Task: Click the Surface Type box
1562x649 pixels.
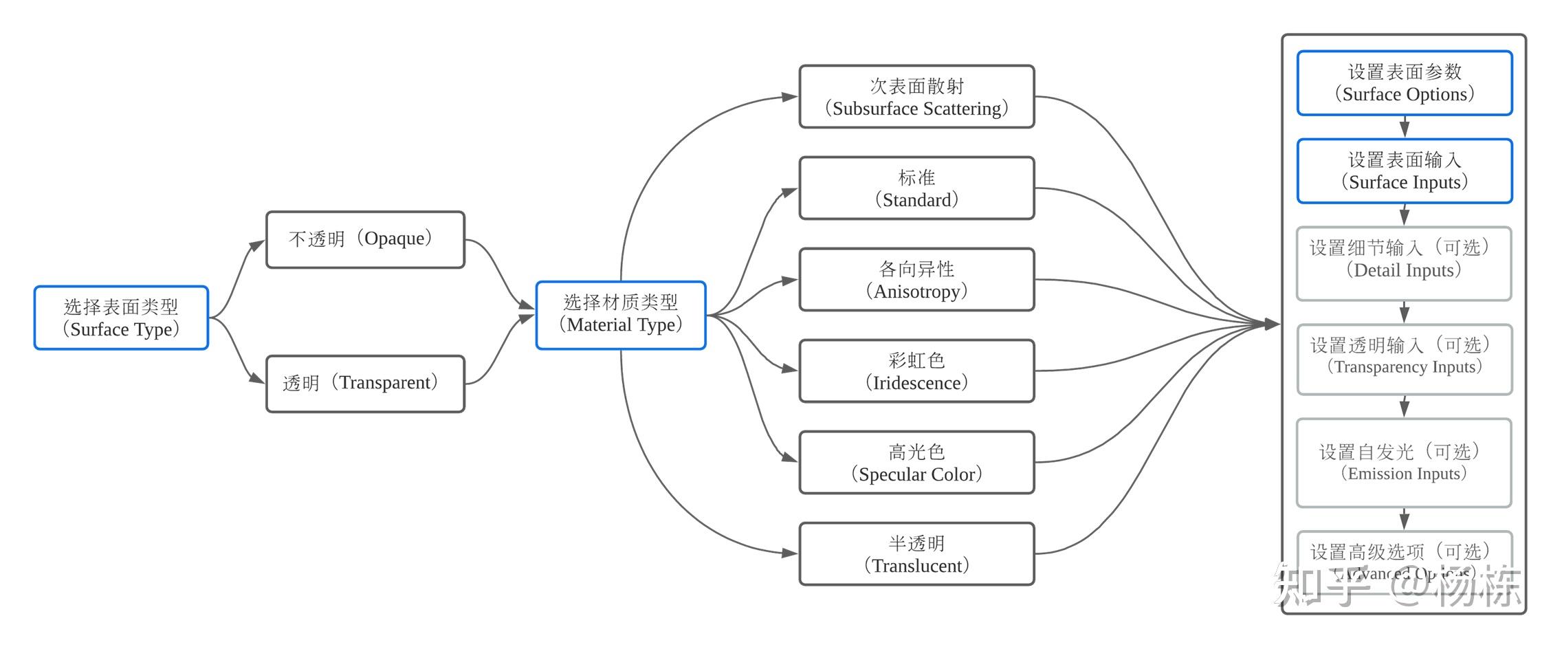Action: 121,318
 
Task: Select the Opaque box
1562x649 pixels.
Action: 365,239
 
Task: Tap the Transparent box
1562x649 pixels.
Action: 365,384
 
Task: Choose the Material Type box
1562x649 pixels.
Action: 621,315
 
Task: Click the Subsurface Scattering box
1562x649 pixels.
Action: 916,97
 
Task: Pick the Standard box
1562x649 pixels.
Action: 916,188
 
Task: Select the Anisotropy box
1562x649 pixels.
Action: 916,280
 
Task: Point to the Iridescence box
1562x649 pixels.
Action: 916,371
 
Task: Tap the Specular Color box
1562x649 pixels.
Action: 916,463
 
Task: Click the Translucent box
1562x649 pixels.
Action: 916,554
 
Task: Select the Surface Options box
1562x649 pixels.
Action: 1404,83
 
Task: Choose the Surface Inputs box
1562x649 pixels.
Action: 1404,171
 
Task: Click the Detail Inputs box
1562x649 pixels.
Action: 1404,263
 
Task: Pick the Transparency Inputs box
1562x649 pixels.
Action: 1404,360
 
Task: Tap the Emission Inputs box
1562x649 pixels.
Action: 1404,463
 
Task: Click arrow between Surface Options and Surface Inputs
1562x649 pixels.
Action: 1405,127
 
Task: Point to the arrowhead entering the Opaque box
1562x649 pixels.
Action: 258,243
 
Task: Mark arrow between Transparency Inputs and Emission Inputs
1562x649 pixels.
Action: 1405,406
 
